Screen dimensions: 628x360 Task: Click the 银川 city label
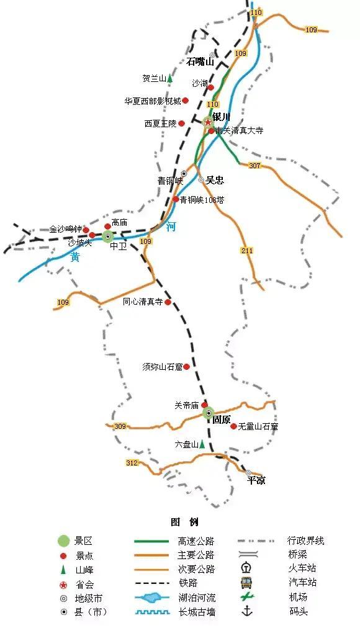(x=221, y=117)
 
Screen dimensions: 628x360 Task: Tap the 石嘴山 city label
(x=200, y=61)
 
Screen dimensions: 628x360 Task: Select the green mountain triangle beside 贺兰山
(x=169, y=79)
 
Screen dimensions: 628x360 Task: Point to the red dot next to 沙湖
(x=211, y=87)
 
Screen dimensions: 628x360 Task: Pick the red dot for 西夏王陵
(x=182, y=123)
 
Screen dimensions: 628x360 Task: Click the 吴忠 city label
(x=215, y=180)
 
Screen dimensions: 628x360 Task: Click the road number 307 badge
(x=254, y=165)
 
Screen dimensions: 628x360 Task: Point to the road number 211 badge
(x=247, y=250)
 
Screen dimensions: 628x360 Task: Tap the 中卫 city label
(x=118, y=246)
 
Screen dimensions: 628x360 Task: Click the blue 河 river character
(x=171, y=227)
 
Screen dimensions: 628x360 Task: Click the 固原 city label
(x=222, y=419)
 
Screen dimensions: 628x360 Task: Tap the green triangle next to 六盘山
(x=202, y=444)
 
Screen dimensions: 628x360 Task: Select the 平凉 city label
(x=256, y=480)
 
